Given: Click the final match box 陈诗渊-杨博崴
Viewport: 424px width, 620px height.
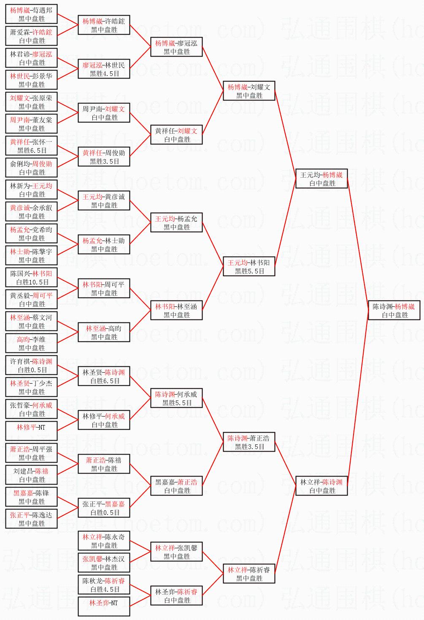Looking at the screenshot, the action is [x=394, y=311].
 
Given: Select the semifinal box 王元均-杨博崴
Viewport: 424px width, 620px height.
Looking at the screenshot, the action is [x=321, y=179].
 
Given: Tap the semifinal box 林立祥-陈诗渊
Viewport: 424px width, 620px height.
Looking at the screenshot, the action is [x=321, y=486].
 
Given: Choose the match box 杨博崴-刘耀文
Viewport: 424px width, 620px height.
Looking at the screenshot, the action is [x=249, y=91].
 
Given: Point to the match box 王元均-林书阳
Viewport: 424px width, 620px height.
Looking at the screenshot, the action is [x=249, y=267].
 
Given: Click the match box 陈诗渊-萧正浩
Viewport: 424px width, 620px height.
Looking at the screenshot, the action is [x=249, y=442].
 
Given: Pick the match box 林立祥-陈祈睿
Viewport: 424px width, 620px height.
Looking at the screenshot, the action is [x=249, y=574].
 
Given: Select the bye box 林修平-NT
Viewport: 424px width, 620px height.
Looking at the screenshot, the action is [x=31, y=431].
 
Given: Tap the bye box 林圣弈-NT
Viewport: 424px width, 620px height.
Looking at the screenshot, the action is [x=104, y=607].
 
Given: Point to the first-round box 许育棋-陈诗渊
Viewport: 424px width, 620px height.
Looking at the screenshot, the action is [x=31, y=366].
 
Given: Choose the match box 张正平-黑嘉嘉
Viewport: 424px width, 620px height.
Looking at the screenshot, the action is [x=104, y=508].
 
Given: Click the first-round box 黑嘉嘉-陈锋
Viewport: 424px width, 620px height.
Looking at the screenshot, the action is [x=31, y=497].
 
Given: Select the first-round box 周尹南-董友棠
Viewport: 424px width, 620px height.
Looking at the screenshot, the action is [x=31, y=124].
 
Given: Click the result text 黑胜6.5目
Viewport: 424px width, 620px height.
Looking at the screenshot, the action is [x=32, y=151].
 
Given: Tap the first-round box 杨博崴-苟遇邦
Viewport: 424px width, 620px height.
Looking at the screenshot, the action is [x=31, y=14].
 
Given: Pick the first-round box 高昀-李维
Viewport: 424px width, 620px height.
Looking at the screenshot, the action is [x=31, y=344].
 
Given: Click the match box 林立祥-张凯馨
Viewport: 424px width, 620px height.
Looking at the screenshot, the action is [x=176, y=552].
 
